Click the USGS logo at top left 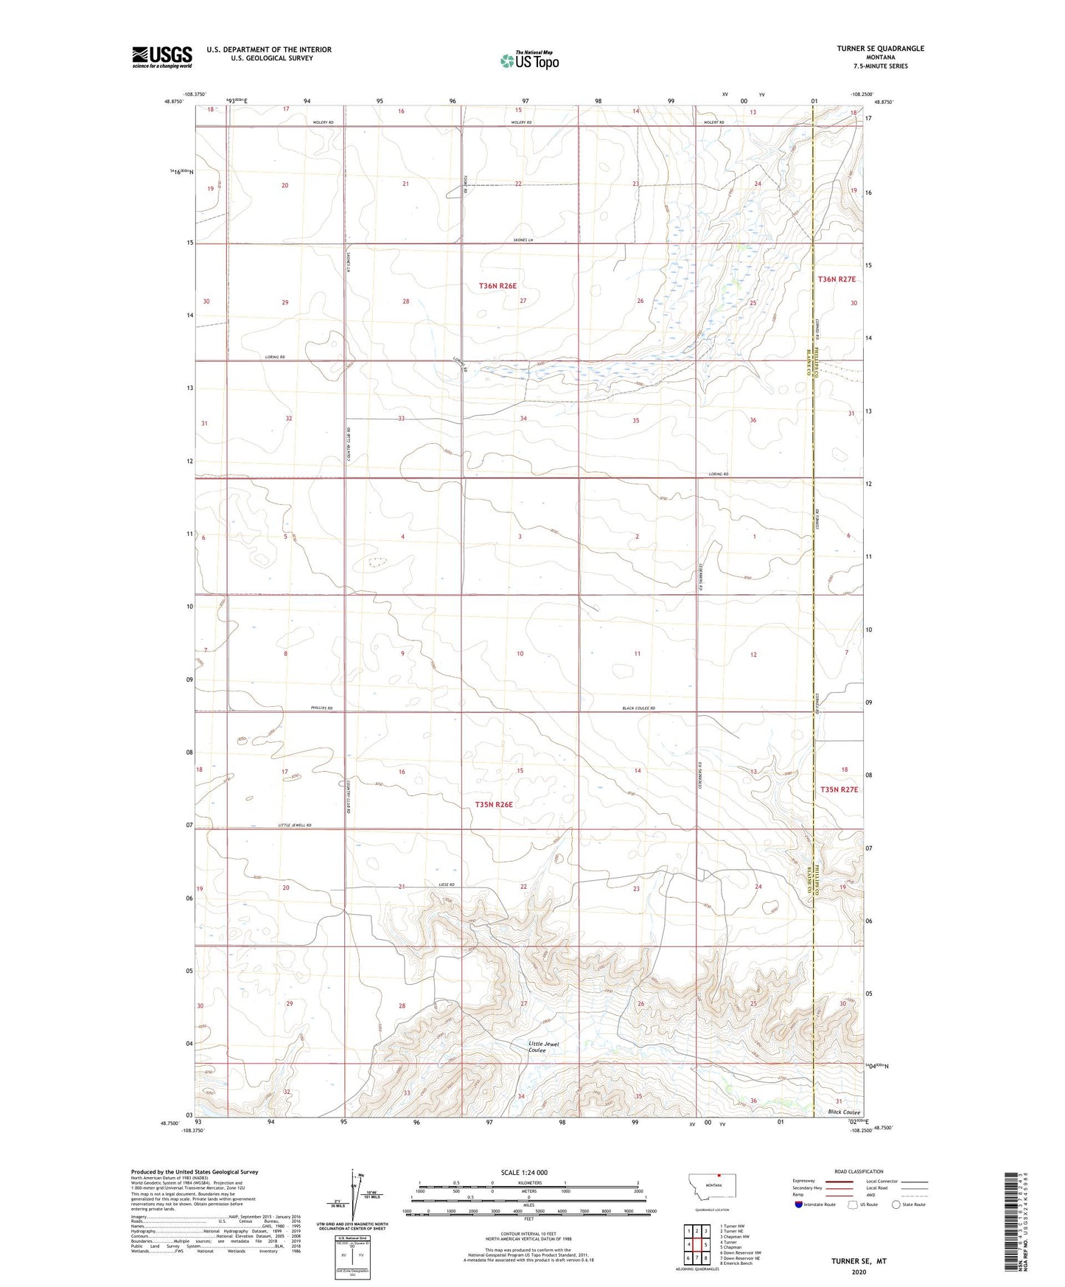tap(162, 57)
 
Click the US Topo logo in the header tap(528, 60)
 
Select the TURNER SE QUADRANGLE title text tap(880, 49)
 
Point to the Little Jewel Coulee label tap(545, 1047)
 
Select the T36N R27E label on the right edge tap(837, 279)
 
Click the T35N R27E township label tap(839, 789)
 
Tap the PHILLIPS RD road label tap(321, 708)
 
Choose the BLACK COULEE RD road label tap(638, 708)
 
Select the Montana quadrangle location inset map tap(711, 1187)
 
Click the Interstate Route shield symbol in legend tap(800, 1204)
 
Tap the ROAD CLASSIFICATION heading tap(859, 1171)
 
